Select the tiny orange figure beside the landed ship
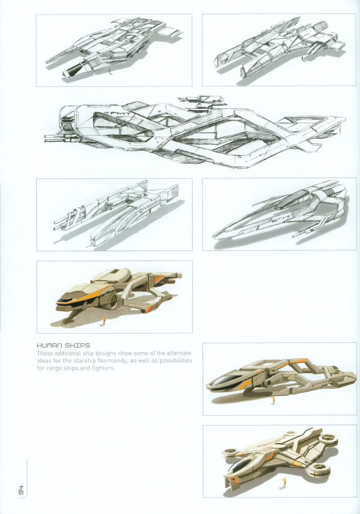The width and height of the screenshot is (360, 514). (x=104, y=320)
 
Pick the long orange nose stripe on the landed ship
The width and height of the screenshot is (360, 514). (x=92, y=294)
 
